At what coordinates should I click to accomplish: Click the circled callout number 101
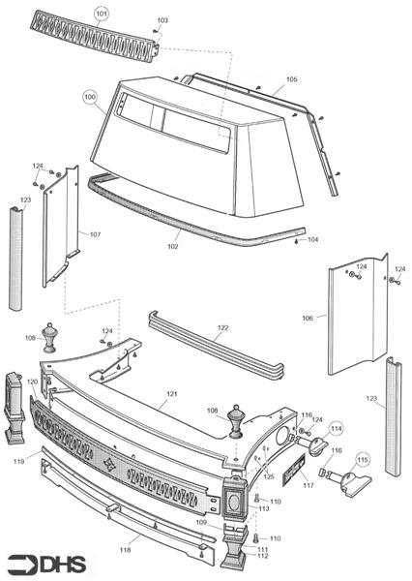[x=101, y=15]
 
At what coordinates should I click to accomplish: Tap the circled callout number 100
[x=90, y=97]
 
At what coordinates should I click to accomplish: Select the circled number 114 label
[x=337, y=429]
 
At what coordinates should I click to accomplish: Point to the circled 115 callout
[x=363, y=460]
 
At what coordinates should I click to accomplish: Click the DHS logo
[x=47, y=565]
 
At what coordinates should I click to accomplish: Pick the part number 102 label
[x=172, y=246]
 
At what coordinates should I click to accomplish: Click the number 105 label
[x=292, y=79]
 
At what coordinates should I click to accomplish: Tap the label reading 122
[x=222, y=328]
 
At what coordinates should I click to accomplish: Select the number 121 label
[x=172, y=394]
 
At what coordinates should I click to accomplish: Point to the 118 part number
[x=125, y=550]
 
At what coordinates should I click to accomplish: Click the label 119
[x=19, y=461]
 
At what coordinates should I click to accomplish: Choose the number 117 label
[x=308, y=485]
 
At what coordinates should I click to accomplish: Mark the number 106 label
[x=308, y=318]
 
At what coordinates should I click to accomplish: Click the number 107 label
[x=95, y=234]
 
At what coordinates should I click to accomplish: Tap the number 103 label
[x=162, y=20]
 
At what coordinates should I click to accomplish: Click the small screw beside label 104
[x=297, y=241]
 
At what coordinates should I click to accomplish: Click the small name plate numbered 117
[x=294, y=471]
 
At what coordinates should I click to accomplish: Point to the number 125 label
[x=269, y=476]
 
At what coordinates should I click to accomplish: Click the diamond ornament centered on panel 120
[x=109, y=464]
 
